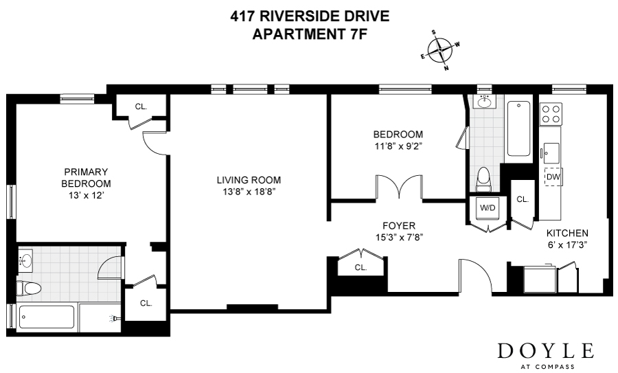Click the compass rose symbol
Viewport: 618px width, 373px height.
point(439,50)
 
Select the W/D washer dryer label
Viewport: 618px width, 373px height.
point(488,207)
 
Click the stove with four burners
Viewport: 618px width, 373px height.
point(551,114)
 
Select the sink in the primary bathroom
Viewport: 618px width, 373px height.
point(25,261)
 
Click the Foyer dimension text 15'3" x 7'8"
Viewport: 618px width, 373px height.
point(399,237)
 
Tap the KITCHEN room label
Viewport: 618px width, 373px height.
point(567,233)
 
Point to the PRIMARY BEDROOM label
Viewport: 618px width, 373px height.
point(86,178)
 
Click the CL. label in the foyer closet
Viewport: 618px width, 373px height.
point(360,268)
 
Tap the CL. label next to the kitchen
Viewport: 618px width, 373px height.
point(523,199)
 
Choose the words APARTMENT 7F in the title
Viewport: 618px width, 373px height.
point(308,33)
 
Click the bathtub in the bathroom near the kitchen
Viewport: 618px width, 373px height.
point(518,129)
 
